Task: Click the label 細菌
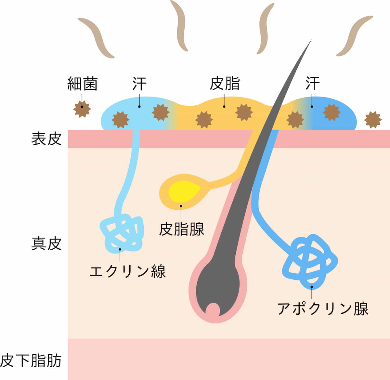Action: click(82, 84)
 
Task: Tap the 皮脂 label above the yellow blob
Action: click(225, 84)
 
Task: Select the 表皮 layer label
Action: click(46, 139)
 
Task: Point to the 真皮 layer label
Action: click(46, 243)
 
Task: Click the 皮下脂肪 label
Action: click(31, 361)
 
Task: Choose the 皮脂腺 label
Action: click(181, 229)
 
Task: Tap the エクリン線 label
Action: click(127, 271)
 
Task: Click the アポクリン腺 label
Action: click(323, 308)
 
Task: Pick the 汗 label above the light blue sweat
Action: click(139, 84)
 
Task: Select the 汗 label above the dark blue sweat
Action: click(312, 84)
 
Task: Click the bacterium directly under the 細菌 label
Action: click(82, 109)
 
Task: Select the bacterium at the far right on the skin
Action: click(372, 119)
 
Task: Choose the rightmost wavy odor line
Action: click(354, 36)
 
